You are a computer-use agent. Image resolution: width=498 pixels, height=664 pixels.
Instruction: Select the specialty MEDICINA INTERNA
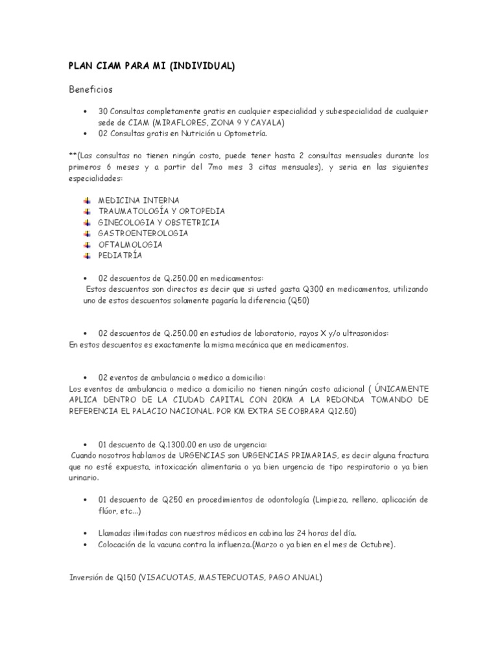138,200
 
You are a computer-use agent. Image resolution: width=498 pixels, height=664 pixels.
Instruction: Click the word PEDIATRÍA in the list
120,255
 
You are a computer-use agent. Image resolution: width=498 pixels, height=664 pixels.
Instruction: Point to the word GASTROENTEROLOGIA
143,233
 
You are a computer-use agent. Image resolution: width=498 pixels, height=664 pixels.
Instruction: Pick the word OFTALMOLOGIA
130,244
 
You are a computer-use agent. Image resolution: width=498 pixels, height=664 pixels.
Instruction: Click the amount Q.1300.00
180,445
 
